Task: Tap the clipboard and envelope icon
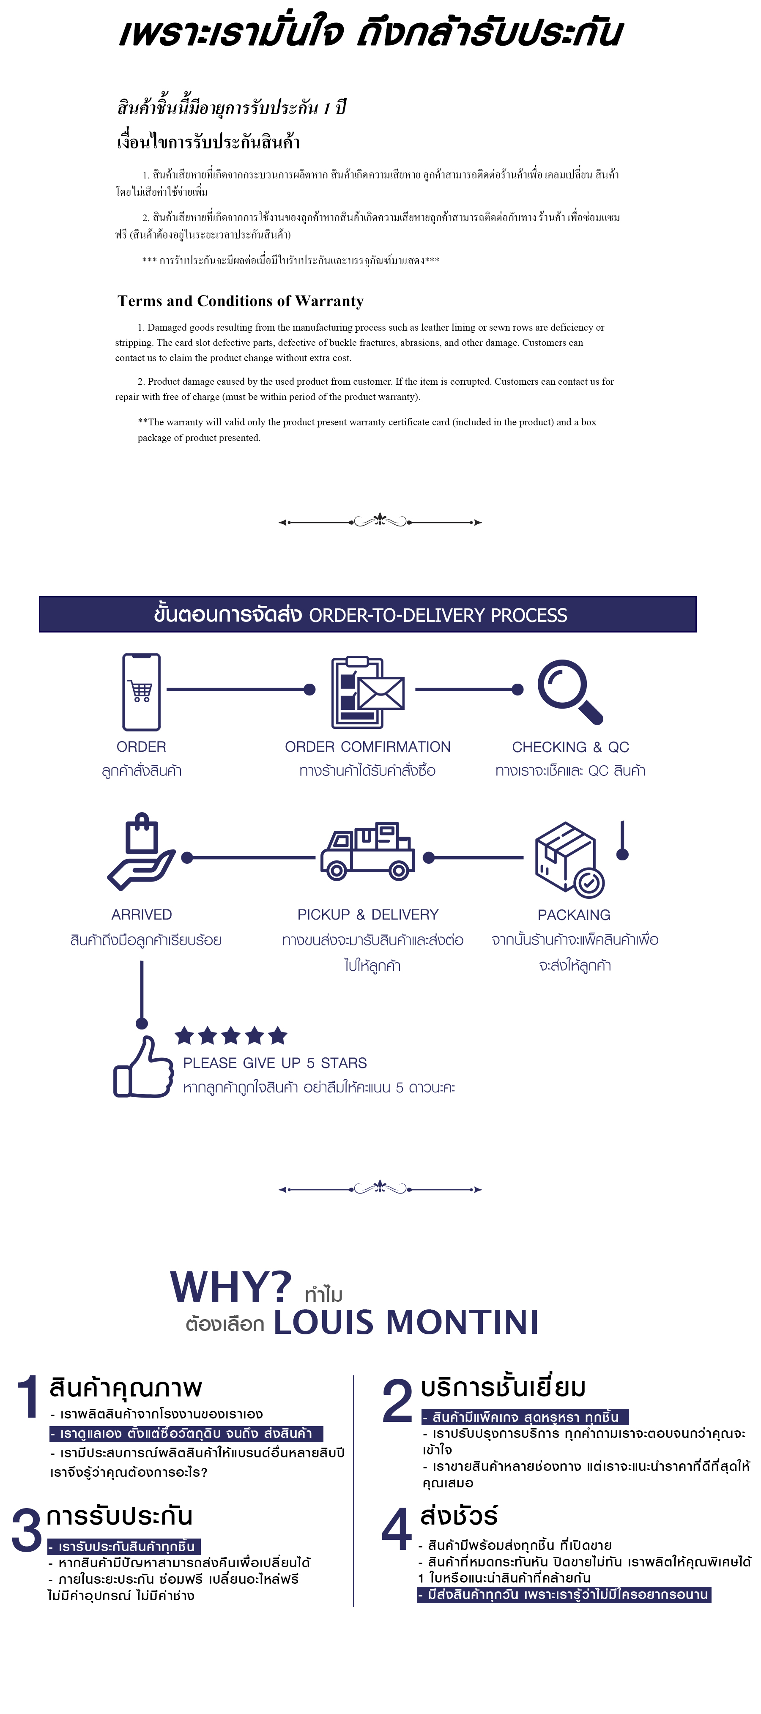click(367, 692)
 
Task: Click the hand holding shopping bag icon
click(141, 851)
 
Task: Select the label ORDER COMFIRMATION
click(367, 747)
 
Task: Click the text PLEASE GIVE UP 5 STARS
click(275, 1062)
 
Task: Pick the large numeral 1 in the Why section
click(28, 1397)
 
